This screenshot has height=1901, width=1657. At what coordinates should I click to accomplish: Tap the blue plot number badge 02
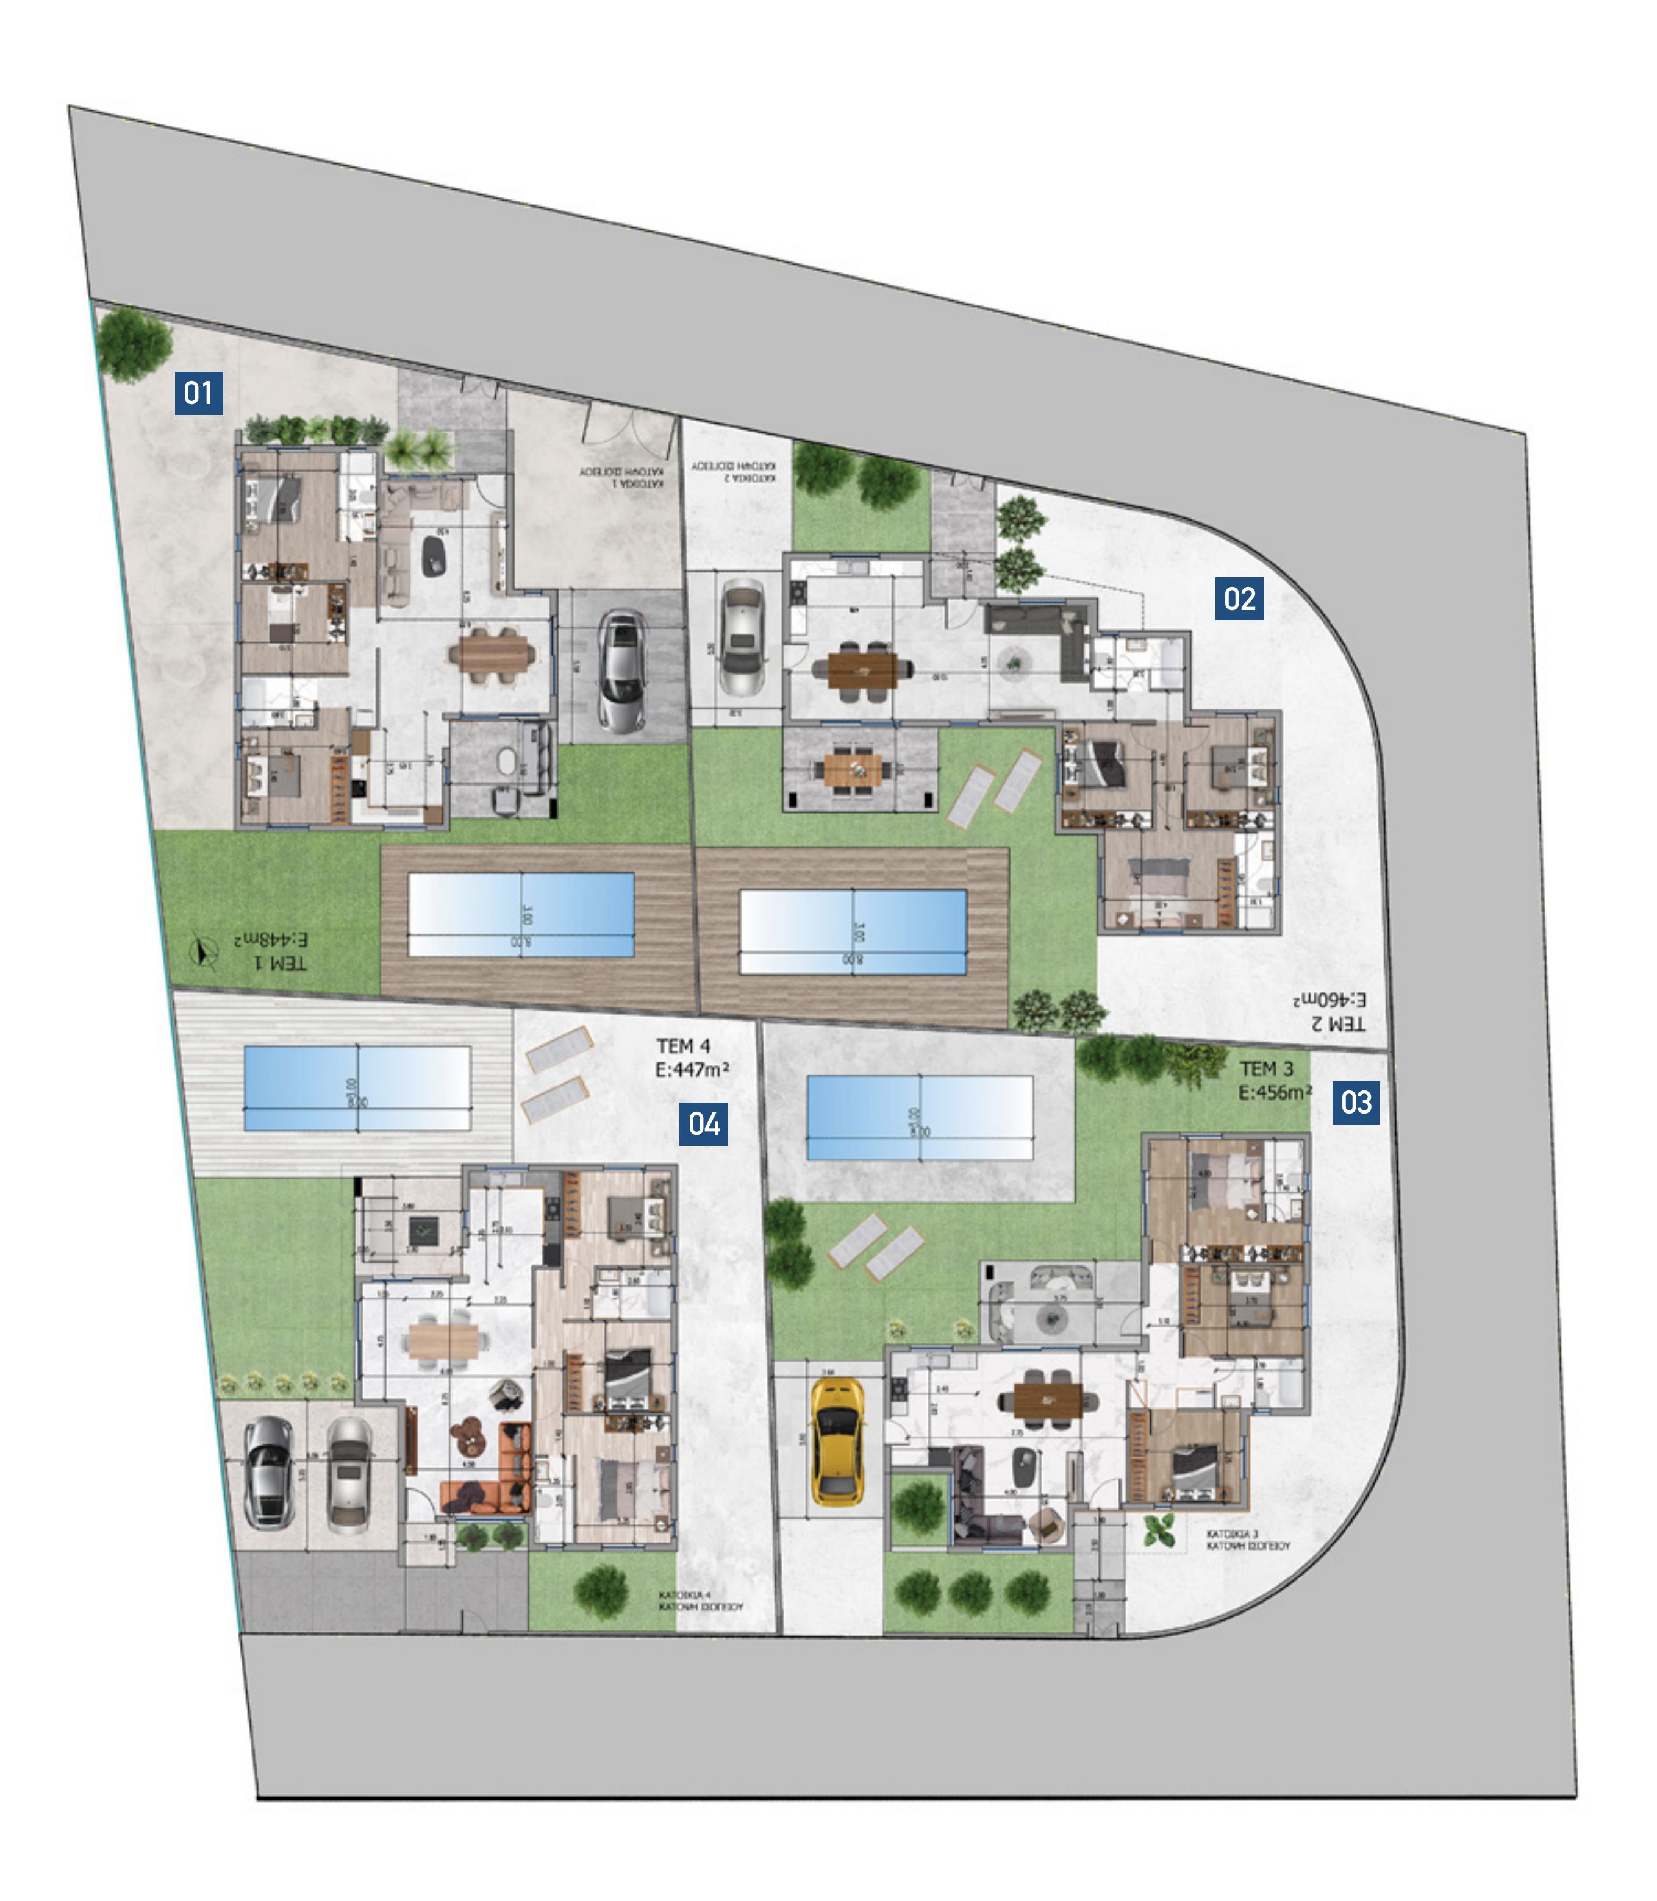[x=1239, y=599]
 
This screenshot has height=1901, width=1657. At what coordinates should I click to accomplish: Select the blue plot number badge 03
[x=1356, y=1103]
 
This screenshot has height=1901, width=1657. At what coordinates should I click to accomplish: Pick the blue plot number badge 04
[x=704, y=1124]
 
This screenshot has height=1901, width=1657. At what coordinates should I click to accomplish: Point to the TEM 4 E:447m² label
[x=692, y=1058]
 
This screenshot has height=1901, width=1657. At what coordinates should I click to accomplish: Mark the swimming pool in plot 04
[x=357, y=1088]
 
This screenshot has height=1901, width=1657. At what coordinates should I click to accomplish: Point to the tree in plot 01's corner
[x=135, y=343]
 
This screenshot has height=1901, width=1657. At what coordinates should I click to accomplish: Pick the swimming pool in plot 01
[x=521, y=915]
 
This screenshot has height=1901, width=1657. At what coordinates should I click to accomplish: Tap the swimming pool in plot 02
[x=853, y=931]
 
